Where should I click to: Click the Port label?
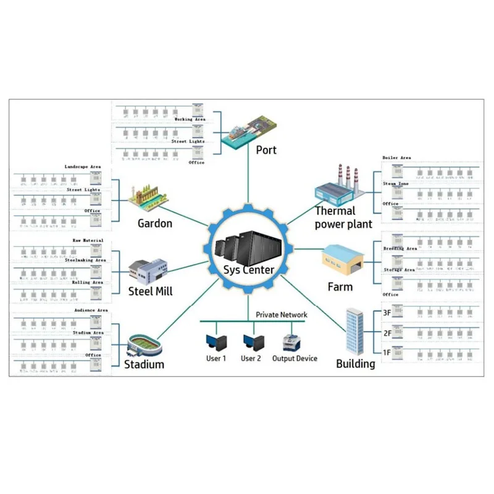(x=266, y=149)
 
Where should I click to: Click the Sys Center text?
(x=249, y=269)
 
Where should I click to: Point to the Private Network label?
(x=282, y=315)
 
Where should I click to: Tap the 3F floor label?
(x=387, y=314)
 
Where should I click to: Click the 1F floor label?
(x=387, y=353)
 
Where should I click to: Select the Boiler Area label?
(x=396, y=158)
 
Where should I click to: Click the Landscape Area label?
(x=83, y=167)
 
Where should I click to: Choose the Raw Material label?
(x=88, y=240)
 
